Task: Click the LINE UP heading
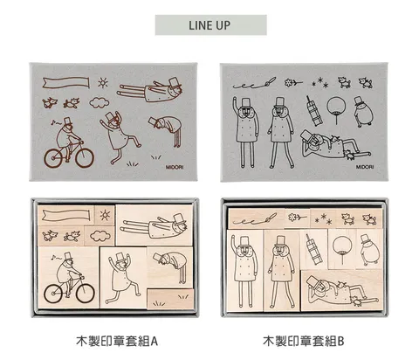tap(209, 25)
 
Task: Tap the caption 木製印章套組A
tap(117, 341)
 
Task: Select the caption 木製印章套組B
tap(304, 341)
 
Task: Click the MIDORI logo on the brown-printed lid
tap(175, 167)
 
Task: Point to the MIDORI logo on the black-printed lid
tap(365, 167)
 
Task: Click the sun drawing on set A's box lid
tap(103, 83)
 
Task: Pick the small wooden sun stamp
tap(105, 215)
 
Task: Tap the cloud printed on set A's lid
tap(100, 103)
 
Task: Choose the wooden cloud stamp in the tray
tap(100, 235)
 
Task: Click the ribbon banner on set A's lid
tap(65, 82)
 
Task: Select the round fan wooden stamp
tap(342, 249)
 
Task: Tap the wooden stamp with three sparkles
tap(323, 218)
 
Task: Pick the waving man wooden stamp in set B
tap(244, 271)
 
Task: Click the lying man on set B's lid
tap(334, 147)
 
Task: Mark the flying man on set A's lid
tap(150, 89)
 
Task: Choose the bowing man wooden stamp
tap(170, 267)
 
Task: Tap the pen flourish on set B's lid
tap(254, 83)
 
